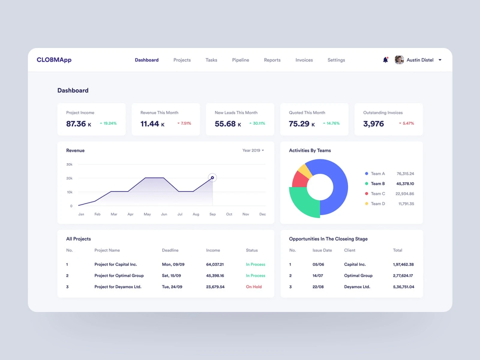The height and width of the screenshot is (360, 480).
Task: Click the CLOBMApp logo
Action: click(54, 60)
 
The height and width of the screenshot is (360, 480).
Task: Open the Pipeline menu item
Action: click(240, 60)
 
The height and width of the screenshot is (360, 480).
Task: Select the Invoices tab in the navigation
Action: click(304, 60)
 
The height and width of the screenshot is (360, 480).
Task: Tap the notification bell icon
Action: click(385, 60)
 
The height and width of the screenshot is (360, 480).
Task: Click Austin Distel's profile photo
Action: click(399, 60)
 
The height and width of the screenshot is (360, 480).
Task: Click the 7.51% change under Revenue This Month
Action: click(184, 123)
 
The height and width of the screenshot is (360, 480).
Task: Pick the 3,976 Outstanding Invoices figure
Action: click(373, 124)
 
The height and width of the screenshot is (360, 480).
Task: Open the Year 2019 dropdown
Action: click(253, 151)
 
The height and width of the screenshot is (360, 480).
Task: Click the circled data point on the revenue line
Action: click(213, 178)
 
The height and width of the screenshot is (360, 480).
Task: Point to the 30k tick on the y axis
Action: click(70, 165)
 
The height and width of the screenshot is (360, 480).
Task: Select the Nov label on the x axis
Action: click(246, 214)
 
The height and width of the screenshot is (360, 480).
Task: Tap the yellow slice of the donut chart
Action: click(303, 169)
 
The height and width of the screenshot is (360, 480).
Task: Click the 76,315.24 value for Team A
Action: click(405, 174)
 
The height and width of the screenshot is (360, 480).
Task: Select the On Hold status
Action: click(254, 287)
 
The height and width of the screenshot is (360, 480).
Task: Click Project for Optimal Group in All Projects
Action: click(119, 276)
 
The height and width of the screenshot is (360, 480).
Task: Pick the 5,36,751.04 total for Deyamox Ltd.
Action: click(403, 287)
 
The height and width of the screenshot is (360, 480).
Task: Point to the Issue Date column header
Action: click(322, 251)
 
